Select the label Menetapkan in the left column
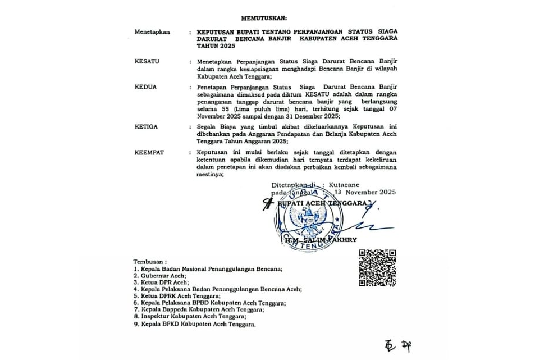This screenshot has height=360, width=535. click(152, 33)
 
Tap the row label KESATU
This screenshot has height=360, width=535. click(147, 60)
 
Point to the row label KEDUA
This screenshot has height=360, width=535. click(145, 87)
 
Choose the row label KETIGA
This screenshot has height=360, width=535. click(146, 127)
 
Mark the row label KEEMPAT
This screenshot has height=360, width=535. click(149, 153)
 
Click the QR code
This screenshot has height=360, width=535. click(377, 267)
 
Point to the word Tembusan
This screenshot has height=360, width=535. click(150, 262)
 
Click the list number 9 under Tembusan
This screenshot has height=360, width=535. click(136, 325)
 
